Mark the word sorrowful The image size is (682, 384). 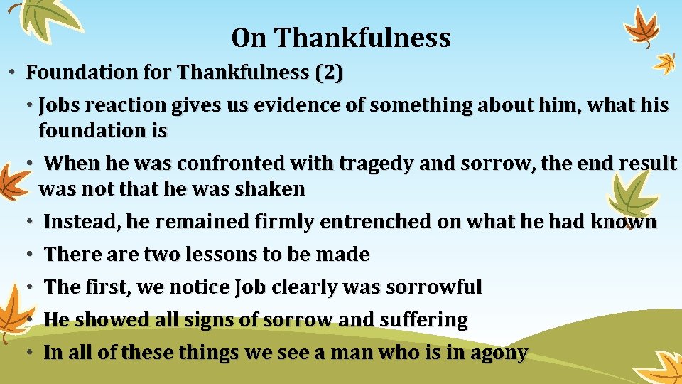(432, 287)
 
